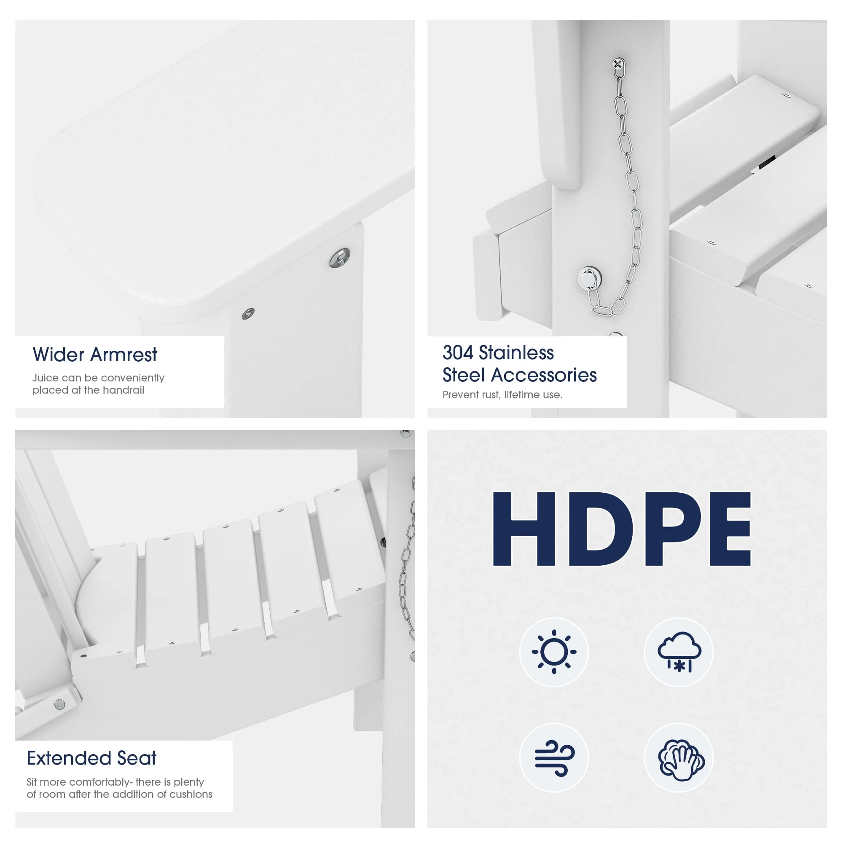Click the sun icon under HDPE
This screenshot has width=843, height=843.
click(x=554, y=652)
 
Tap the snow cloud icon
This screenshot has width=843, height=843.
click(x=679, y=652)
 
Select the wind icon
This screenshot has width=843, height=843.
click(x=554, y=758)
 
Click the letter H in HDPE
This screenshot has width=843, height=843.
click(x=524, y=529)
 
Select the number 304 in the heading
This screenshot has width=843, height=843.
click(x=458, y=352)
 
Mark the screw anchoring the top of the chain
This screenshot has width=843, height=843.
click(x=618, y=64)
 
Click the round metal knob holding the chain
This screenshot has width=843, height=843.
click(x=589, y=277)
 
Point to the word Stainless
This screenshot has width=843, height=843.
click(x=516, y=352)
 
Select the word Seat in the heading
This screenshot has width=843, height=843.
click(x=137, y=758)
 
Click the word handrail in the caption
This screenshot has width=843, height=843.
click(x=124, y=390)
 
